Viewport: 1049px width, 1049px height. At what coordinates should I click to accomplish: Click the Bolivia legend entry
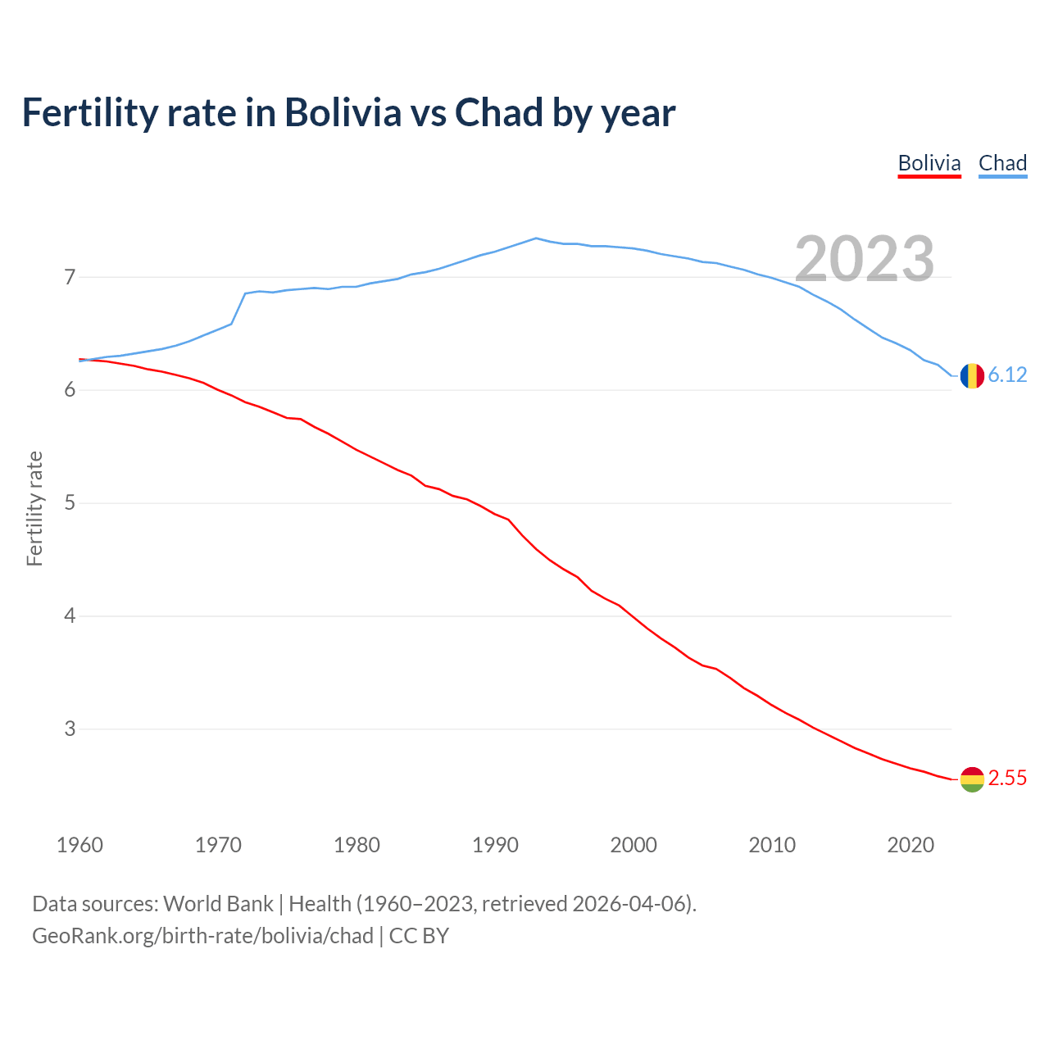pos(929,163)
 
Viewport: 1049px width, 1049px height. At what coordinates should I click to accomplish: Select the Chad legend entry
pos(1002,163)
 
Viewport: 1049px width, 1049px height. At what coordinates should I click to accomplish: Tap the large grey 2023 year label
pos(864,259)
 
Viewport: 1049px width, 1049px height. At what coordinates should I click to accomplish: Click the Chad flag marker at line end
pos(972,375)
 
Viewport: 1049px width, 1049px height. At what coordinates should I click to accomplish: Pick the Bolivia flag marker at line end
pos(972,779)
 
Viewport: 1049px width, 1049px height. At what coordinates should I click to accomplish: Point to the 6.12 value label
pos(1007,375)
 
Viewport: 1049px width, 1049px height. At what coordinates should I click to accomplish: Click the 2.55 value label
pos(1007,779)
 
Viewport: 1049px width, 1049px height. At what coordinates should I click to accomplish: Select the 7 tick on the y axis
pos(70,277)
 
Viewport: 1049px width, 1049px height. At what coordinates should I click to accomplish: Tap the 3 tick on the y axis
pos(70,729)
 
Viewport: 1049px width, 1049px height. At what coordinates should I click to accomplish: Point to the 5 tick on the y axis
pos(70,502)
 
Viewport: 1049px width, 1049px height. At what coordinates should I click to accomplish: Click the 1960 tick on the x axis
pos(79,845)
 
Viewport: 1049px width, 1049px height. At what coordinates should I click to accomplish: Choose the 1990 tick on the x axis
pos(495,845)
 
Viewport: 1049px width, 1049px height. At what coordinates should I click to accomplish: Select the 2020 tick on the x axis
pos(910,845)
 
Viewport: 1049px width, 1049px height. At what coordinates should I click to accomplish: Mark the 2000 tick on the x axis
pos(633,845)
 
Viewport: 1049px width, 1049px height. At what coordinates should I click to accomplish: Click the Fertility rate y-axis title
pos(34,508)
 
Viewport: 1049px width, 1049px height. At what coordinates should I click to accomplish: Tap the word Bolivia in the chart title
pos(343,113)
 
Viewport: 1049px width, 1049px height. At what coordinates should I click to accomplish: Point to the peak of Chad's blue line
pos(536,238)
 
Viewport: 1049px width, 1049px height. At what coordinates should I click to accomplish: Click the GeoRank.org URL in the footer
pos(202,936)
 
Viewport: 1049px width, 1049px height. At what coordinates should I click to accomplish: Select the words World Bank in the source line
pos(218,904)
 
